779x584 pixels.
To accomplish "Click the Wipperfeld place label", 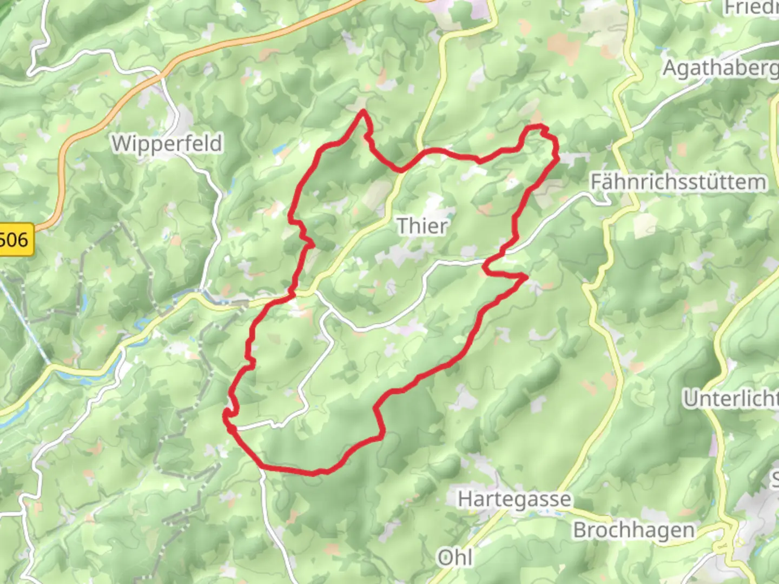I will tap(167, 144).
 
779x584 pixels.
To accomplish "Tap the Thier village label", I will tap(422, 225).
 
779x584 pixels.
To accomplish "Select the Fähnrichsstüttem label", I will tap(678, 182).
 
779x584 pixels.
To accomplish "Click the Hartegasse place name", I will tap(514, 499).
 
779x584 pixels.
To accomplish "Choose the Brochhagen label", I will tap(634, 530).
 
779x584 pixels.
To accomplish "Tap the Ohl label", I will tap(455, 557).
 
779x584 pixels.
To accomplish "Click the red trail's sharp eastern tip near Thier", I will tap(525, 277).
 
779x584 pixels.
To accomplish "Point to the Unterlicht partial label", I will tap(730, 399).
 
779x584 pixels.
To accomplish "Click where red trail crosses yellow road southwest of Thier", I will tap(293, 294).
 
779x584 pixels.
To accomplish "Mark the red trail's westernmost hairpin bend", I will tap(225, 415).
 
